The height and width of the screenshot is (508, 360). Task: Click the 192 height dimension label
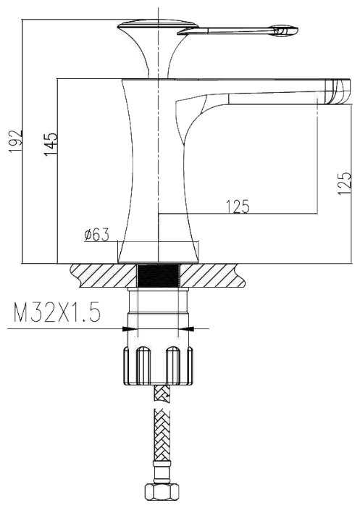[15, 141]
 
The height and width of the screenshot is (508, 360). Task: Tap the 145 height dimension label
[51, 143]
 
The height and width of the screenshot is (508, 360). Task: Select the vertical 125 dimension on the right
[344, 183]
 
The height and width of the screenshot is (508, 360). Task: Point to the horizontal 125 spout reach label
[238, 207]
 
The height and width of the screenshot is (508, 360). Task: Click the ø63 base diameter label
[97, 235]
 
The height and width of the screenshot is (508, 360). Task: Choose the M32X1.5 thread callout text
[57, 312]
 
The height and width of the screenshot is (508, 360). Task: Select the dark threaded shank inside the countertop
[159, 275]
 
